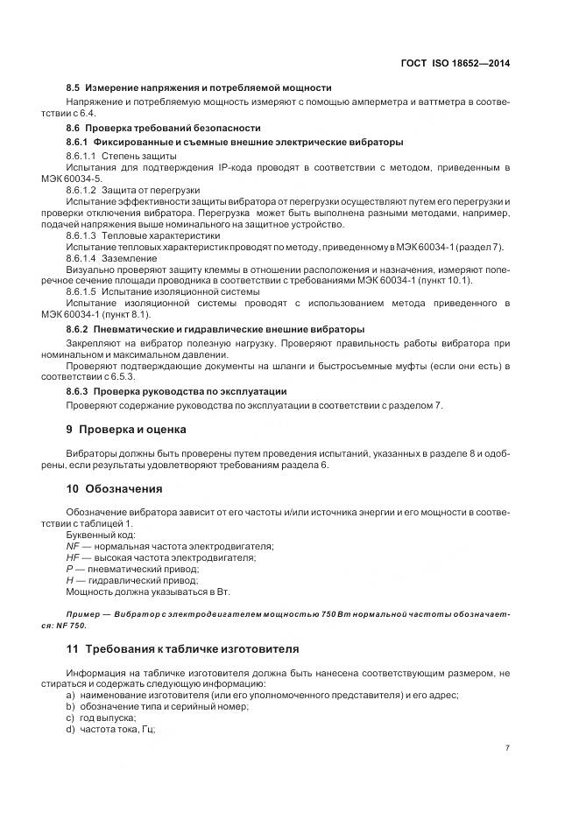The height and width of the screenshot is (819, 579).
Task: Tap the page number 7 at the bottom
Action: [x=507, y=748]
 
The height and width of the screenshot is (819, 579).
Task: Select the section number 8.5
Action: [x=74, y=87]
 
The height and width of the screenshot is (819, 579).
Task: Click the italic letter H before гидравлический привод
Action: [x=70, y=579]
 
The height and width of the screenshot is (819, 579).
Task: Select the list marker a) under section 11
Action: [x=70, y=695]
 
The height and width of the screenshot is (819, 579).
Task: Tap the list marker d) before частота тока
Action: [x=70, y=729]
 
